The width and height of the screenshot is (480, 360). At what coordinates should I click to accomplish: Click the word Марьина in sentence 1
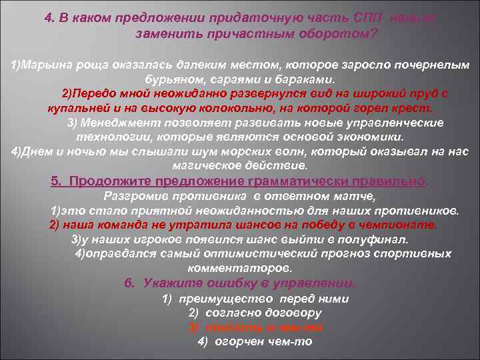coord(45,65)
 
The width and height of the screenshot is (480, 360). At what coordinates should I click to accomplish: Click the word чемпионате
coord(404,225)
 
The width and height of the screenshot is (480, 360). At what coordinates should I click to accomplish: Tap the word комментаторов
coord(240,269)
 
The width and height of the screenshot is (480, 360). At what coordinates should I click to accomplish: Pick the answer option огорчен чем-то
coord(255,341)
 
